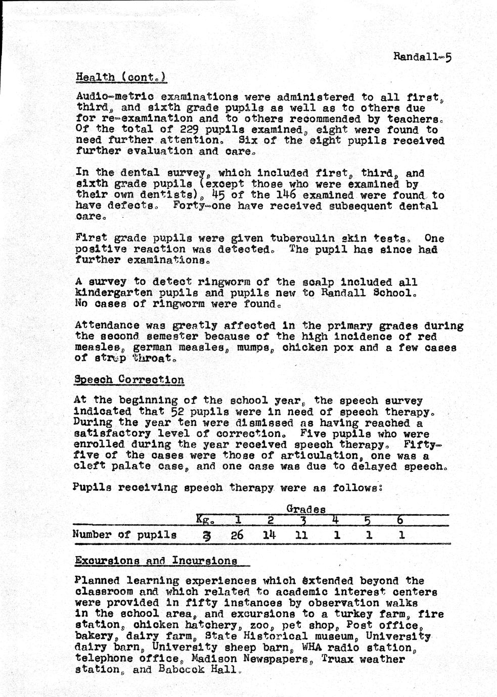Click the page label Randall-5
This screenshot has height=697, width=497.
point(422,57)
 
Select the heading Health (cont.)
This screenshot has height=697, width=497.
point(121,77)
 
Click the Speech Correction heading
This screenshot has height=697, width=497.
point(129,380)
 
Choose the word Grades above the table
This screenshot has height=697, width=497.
point(305,509)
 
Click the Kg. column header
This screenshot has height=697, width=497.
point(205,520)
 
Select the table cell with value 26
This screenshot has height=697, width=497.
point(237,535)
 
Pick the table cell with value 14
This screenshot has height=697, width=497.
point(270,535)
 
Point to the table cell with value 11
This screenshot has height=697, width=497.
point(301,535)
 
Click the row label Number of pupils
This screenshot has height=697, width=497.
point(124,535)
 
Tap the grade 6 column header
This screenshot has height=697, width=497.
point(401,520)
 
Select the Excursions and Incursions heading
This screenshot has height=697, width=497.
point(156,561)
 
